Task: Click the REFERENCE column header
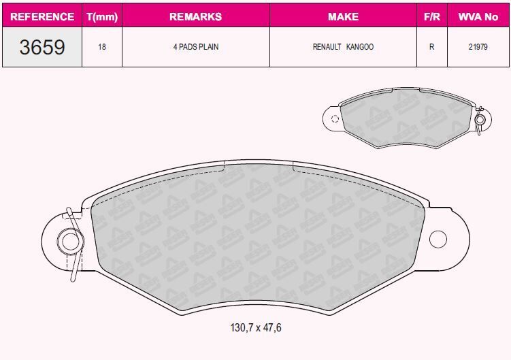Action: tap(42, 16)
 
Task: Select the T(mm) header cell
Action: tap(102, 16)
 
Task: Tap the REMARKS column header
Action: tap(195, 16)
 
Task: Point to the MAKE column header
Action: tap(343, 16)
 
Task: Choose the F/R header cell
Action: tap(431, 16)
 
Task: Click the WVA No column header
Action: tap(478, 16)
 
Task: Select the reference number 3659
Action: tap(42, 47)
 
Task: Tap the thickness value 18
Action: tap(102, 48)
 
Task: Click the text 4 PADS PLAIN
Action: tap(195, 48)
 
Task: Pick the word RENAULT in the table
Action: tap(327, 48)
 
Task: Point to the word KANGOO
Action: tap(360, 48)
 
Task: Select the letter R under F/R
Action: tap(431, 48)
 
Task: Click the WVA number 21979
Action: tap(478, 48)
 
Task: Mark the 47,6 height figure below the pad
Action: tap(271, 328)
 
